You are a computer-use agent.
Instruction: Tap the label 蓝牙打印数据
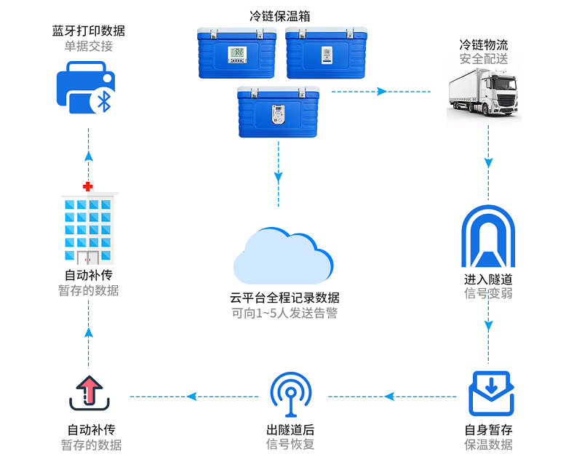click(88, 31)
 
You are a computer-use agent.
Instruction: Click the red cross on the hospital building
click(88, 187)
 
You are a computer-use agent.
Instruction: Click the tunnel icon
click(488, 237)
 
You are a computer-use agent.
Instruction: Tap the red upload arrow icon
click(89, 391)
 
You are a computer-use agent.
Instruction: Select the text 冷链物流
click(484, 45)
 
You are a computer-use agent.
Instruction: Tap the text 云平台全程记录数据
click(284, 298)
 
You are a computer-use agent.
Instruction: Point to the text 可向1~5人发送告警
click(284, 314)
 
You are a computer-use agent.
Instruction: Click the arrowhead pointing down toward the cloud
click(278, 177)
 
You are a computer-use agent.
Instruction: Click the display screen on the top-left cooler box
click(238, 53)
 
